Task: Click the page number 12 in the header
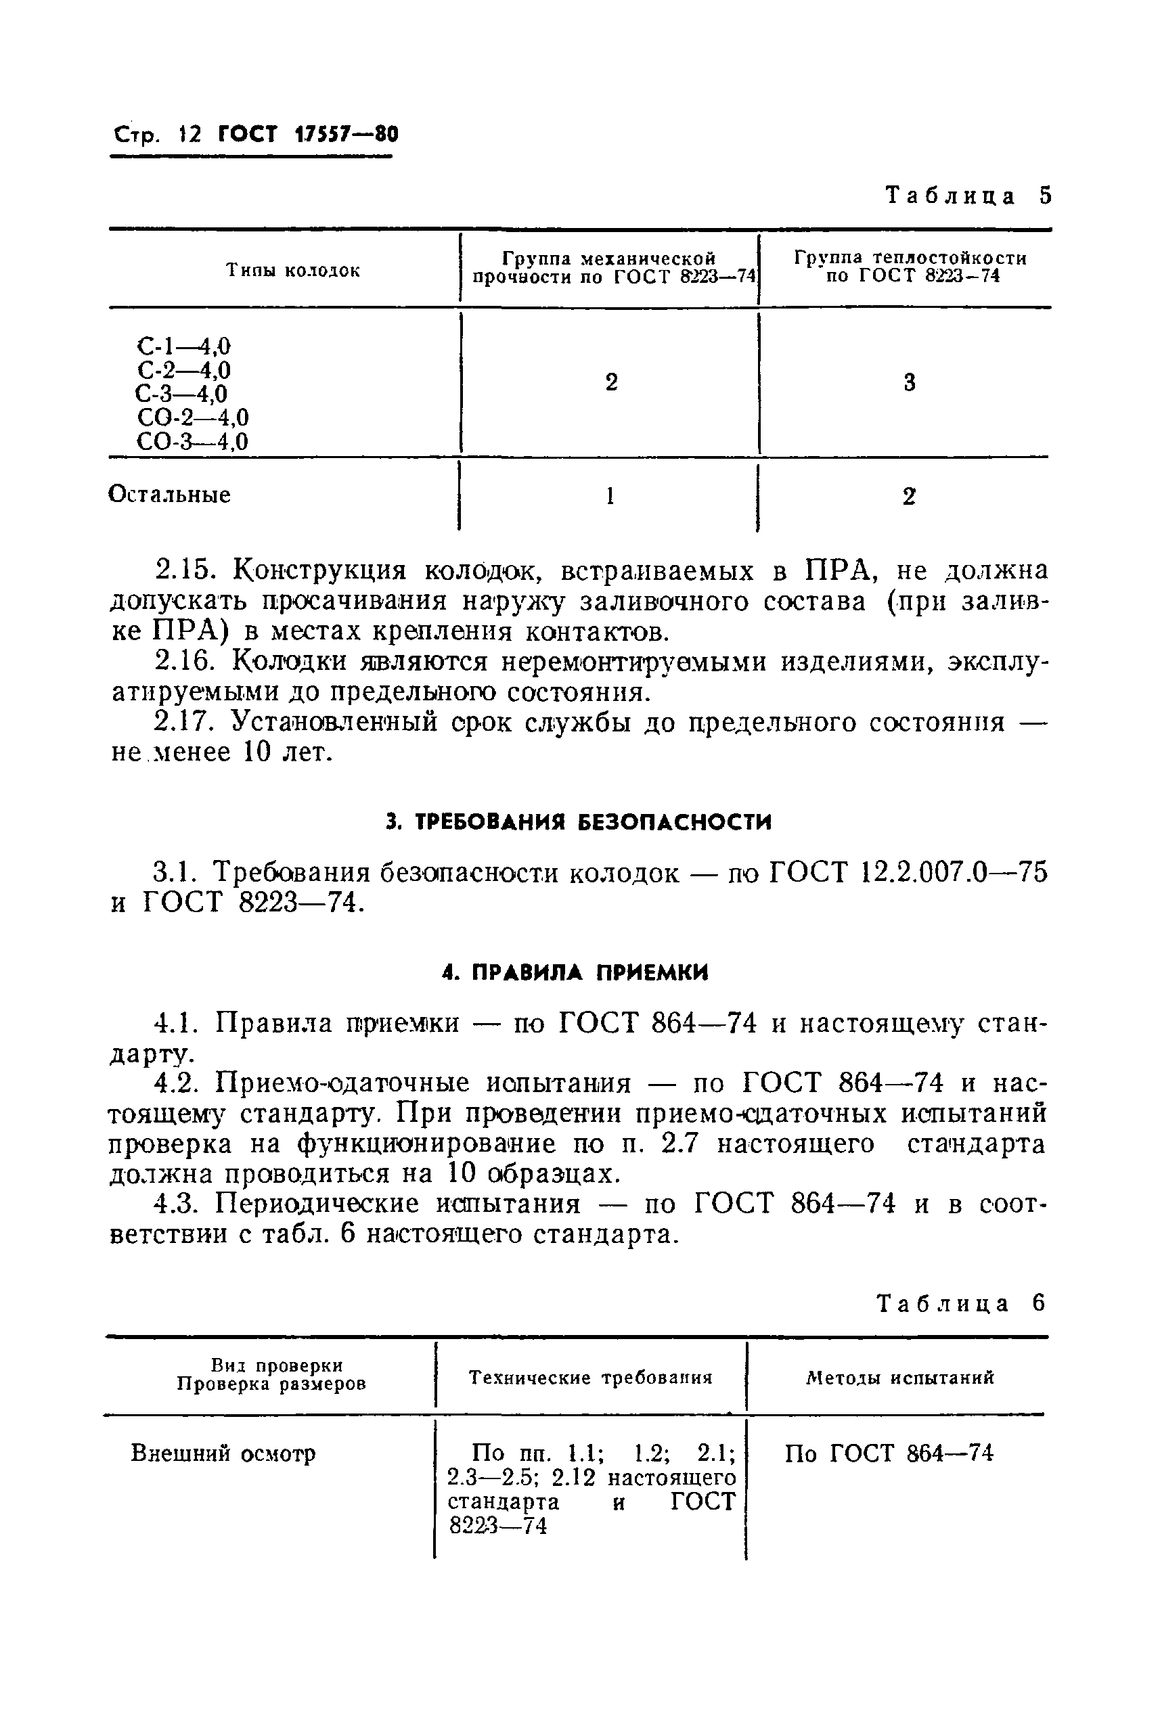(190, 135)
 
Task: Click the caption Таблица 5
(967, 196)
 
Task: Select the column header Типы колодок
(293, 271)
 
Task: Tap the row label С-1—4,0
(183, 346)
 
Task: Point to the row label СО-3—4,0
(192, 442)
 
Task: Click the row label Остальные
(169, 495)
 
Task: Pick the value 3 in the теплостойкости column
(909, 383)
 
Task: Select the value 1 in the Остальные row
(610, 496)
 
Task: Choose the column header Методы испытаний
(899, 1377)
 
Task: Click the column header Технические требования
(591, 1377)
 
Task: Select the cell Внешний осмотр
(223, 1453)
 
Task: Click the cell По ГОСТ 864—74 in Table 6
(889, 1453)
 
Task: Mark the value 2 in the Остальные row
(909, 497)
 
